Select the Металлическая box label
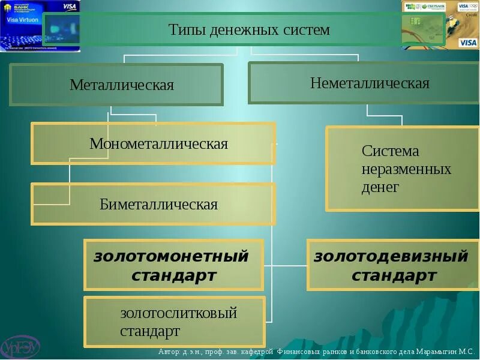pos(121,85)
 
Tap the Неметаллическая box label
pos(370,83)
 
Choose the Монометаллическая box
pos(158,144)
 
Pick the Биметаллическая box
pos(158,204)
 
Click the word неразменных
pos(406,169)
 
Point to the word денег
pos(380,187)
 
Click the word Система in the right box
pos(390,151)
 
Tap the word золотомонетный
pos(171,257)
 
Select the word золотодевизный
pos(391,257)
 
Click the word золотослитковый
pos(179,313)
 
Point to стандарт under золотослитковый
pos(149,331)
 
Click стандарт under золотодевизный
pos(394,276)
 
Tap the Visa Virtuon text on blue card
pos(23,19)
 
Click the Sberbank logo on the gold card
pos(433,7)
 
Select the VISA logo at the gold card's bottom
pos(467,43)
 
